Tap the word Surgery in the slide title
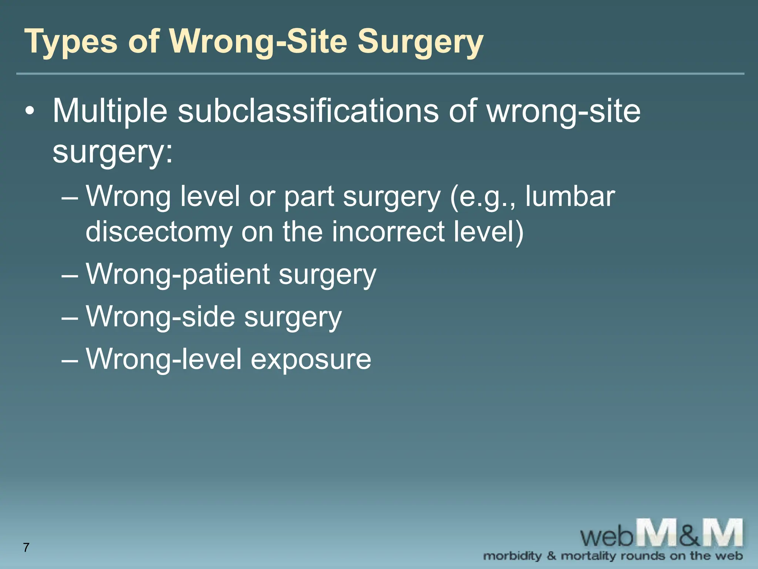tap(420, 41)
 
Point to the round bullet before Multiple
tap(30, 111)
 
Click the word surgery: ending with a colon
tap(113, 152)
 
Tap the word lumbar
tap(570, 196)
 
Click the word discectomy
tap(159, 232)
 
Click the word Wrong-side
tap(161, 317)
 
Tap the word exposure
tap(311, 359)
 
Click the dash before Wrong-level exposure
tap(70, 360)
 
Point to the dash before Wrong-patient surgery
tap(70, 276)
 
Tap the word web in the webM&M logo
tap(607, 536)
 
